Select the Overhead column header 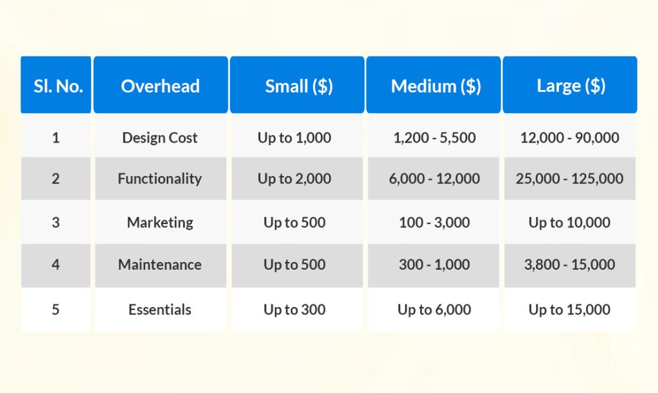point(160,86)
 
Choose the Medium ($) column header point(435,86)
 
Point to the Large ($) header point(571,86)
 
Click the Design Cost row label point(160,137)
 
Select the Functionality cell point(160,179)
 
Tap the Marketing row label point(160,223)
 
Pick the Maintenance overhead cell point(160,265)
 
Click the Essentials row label point(160,310)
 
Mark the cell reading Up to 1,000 point(294,137)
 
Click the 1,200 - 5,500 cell point(434,137)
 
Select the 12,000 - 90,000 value point(570,137)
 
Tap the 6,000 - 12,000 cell point(434,179)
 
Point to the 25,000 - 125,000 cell point(569,179)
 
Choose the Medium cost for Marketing point(434,223)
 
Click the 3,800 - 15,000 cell point(569,265)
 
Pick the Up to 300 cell point(294,310)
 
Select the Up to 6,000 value point(434,310)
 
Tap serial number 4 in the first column point(56,265)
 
